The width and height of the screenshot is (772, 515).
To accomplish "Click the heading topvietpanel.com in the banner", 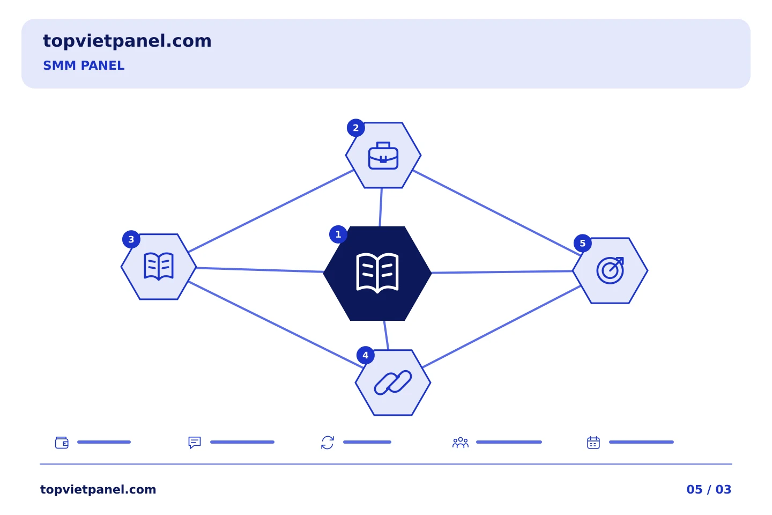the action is (127, 41).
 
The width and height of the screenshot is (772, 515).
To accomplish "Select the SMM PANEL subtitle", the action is (84, 65).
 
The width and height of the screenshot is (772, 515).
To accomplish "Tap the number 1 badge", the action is (338, 234).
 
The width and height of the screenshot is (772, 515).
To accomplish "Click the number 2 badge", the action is (355, 128).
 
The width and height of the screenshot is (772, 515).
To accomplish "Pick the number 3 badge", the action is (131, 239).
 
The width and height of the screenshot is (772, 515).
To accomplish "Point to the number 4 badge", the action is (365, 355).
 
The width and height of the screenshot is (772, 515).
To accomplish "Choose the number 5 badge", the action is (582, 243).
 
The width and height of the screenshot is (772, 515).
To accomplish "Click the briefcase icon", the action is (383, 156).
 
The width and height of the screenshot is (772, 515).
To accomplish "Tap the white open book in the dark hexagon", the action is (377, 273).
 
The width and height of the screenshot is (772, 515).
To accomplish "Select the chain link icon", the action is (393, 382).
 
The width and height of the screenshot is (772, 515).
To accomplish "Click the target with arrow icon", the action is (610, 270).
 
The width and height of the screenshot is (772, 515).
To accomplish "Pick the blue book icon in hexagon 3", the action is (159, 266).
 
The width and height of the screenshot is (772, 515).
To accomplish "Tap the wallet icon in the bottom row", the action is (62, 443).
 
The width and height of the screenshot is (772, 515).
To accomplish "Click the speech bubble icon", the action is (195, 443).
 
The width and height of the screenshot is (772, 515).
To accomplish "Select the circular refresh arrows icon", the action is (328, 443).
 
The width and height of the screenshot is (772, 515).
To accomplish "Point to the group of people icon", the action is (461, 443).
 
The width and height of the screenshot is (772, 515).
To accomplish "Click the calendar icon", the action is (593, 443).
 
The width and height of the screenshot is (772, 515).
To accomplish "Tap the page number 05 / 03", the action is (709, 489).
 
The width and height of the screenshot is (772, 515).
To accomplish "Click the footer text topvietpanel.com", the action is (98, 489).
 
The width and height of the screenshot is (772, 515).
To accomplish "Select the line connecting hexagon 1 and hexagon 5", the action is (502, 272).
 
